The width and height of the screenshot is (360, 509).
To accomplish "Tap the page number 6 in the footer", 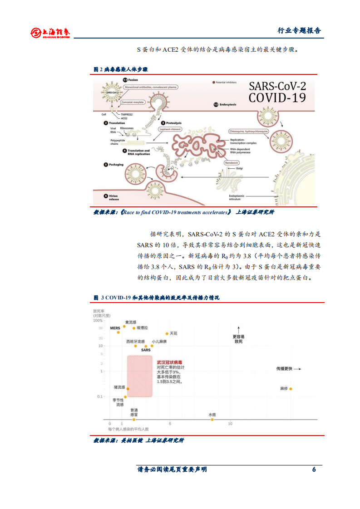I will (x=314, y=470).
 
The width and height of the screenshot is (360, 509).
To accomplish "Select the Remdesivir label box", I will (x=233, y=161).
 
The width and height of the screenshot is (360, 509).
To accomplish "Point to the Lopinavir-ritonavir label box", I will (x=171, y=129).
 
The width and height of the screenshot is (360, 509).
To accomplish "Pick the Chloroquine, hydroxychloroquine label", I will (x=249, y=131).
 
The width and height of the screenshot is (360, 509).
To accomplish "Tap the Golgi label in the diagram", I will (x=239, y=168).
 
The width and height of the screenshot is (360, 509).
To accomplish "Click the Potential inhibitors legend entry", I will (x=227, y=83).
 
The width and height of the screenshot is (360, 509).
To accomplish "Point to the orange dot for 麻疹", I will (x=291, y=389).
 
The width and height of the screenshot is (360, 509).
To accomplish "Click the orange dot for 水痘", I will (x=212, y=420).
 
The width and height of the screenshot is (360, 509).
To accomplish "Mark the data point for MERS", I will (x=118, y=332).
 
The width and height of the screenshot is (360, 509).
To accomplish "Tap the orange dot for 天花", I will (x=167, y=333).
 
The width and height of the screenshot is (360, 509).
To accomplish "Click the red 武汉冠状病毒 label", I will (x=167, y=362).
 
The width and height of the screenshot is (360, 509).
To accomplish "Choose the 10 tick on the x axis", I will (x=230, y=424).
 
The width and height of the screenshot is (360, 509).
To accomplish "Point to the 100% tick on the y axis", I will (x=98, y=320).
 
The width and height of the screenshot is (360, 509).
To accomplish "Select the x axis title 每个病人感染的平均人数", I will (x=128, y=429).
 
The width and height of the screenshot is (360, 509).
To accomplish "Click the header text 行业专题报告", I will (x=299, y=31).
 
